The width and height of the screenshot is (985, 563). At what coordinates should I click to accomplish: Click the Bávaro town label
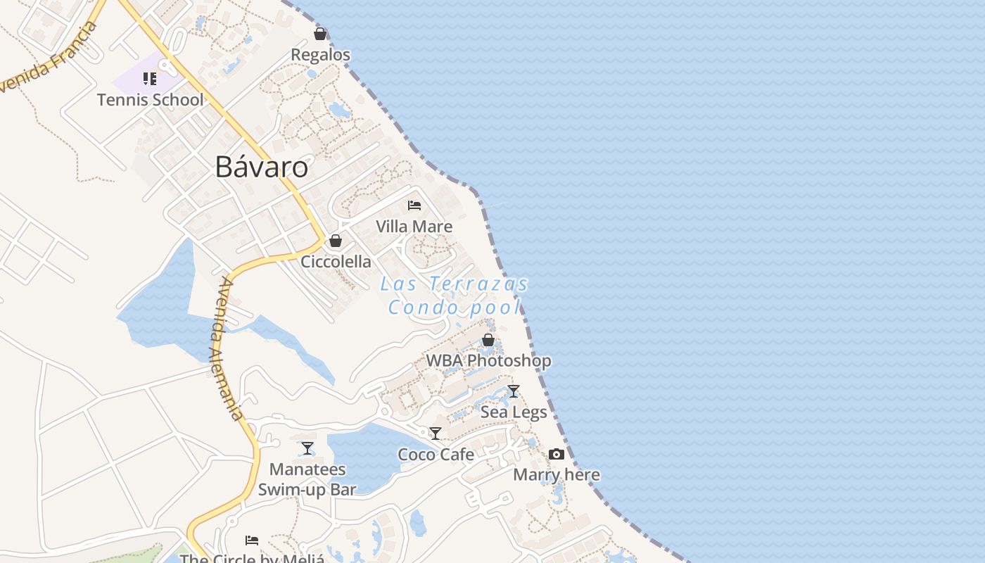click(262, 167)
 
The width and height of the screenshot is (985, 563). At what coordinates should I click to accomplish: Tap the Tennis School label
click(151, 99)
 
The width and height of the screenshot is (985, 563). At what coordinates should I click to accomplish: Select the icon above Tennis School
click(150, 78)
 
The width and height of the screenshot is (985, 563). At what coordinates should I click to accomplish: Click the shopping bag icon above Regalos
click(320, 33)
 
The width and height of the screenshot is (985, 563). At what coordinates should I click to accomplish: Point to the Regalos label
click(320, 54)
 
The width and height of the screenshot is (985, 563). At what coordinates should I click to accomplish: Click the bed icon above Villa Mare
click(414, 205)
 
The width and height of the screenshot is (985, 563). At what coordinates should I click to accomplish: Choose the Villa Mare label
click(414, 227)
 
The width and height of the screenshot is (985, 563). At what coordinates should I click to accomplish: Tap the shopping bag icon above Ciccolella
click(336, 241)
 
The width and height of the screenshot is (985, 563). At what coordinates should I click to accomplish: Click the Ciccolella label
click(336, 261)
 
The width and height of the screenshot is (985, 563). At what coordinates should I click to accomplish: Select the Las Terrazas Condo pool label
click(455, 296)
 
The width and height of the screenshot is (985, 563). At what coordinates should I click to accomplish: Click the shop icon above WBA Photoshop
click(488, 340)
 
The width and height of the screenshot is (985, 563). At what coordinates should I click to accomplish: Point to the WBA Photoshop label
click(488, 360)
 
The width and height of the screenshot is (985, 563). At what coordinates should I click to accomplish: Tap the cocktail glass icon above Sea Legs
click(514, 391)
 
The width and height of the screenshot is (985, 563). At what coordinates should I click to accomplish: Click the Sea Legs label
click(514, 412)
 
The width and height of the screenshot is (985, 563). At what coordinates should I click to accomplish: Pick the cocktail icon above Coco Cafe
click(436, 434)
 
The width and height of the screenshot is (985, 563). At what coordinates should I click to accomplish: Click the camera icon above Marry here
click(557, 454)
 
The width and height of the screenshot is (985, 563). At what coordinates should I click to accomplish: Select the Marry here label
click(557, 474)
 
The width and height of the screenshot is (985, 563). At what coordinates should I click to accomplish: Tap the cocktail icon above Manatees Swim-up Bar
click(307, 448)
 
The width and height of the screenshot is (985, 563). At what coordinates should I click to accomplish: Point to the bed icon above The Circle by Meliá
click(252, 540)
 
